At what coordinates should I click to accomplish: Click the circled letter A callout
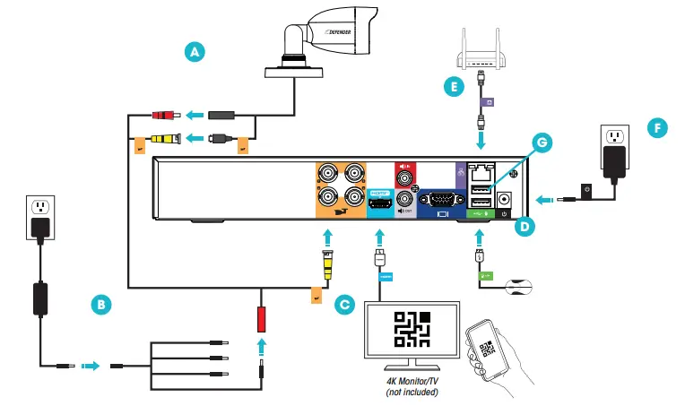[x=193, y=51]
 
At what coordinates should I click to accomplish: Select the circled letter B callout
[x=103, y=304]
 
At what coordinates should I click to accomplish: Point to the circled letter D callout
[x=525, y=228]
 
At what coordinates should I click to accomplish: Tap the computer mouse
[x=521, y=287]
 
